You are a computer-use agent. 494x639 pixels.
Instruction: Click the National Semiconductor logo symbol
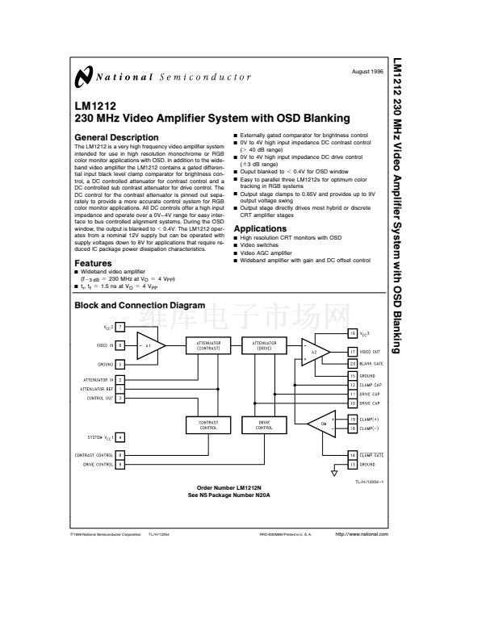(82, 78)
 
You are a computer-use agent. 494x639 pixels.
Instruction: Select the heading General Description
(117, 137)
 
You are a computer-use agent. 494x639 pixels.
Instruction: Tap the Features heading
(93, 263)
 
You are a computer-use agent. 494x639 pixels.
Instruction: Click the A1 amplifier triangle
(151, 345)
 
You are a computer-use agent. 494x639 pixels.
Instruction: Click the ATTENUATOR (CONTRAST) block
(209, 345)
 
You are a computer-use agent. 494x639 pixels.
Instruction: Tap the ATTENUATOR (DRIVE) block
(264, 345)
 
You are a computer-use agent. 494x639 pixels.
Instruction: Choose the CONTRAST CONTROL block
(209, 424)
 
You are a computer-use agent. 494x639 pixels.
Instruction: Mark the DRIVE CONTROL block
(264, 424)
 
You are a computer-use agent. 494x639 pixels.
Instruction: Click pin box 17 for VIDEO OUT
(353, 351)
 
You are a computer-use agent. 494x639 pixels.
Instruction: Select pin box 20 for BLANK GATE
(353, 364)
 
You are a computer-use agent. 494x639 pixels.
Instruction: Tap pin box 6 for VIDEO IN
(120, 345)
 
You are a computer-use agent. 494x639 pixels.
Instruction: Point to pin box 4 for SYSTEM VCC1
(120, 436)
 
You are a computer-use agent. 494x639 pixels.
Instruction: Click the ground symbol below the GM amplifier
(334, 473)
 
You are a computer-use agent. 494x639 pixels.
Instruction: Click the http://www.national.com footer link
(361, 534)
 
